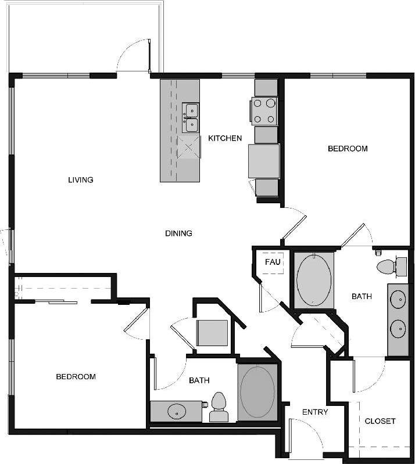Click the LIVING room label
click(x=81, y=179)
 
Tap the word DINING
click(x=178, y=233)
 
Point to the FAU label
click(x=273, y=262)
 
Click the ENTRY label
click(x=315, y=412)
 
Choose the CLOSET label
click(x=380, y=421)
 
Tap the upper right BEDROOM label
click(x=348, y=149)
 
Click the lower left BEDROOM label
click(x=76, y=377)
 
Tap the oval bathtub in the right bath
click(x=314, y=279)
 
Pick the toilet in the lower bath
click(x=219, y=407)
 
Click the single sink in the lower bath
click(x=176, y=412)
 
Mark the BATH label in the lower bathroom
click(x=199, y=381)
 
